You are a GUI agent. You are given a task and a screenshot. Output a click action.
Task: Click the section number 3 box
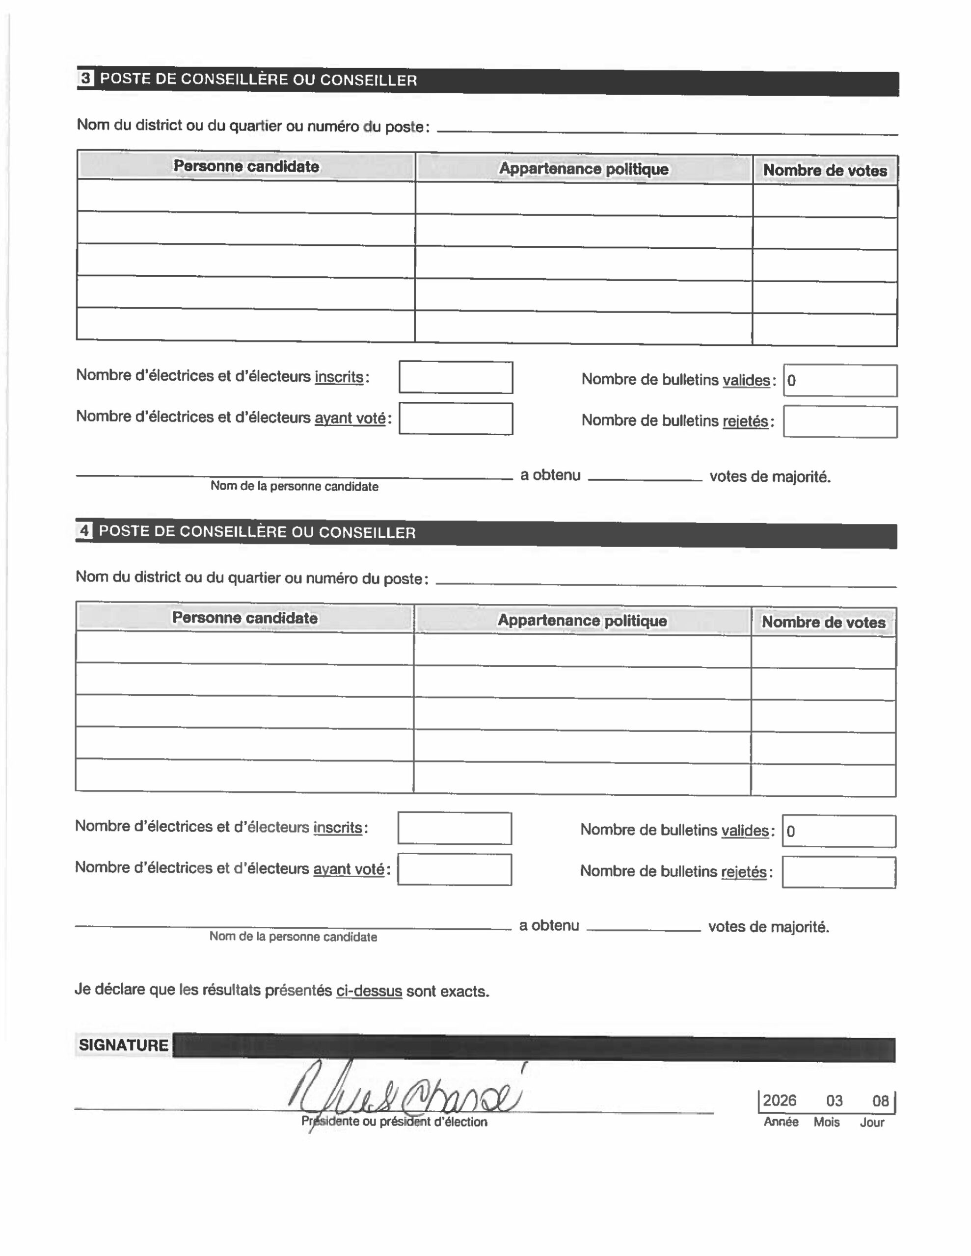pos(86,78)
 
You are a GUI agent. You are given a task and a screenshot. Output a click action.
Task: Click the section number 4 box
pos(84,530)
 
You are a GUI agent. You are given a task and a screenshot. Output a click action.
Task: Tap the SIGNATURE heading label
pos(123,1045)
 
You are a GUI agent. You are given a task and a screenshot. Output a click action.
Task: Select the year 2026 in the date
pos(780,1100)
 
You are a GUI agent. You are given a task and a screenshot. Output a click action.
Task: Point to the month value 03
pos(834,1101)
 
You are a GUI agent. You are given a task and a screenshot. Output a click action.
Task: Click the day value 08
pos(880,1101)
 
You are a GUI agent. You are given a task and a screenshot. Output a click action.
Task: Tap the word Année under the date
pos(781,1122)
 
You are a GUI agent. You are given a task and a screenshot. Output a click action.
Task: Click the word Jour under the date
pos(871,1123)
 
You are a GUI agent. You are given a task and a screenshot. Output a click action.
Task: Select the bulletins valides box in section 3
pos(840,381)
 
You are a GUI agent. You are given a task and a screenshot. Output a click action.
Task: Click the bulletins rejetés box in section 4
pos(838,872)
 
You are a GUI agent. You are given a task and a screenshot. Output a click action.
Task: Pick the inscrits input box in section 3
pos(455,377)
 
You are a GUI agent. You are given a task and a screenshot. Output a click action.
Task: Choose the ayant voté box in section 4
pos(454,869)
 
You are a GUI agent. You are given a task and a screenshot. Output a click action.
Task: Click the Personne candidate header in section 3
pos(246,166)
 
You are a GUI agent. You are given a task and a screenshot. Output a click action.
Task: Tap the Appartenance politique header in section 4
pos(582,621)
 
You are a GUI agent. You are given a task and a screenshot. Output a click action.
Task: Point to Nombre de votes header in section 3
pos(824,170)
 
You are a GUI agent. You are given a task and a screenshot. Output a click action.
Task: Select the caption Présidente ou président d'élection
pos(394,1122)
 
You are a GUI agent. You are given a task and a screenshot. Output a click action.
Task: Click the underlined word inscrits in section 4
pos(337,828)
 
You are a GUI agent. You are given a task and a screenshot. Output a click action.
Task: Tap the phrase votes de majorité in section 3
pos(770,476)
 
